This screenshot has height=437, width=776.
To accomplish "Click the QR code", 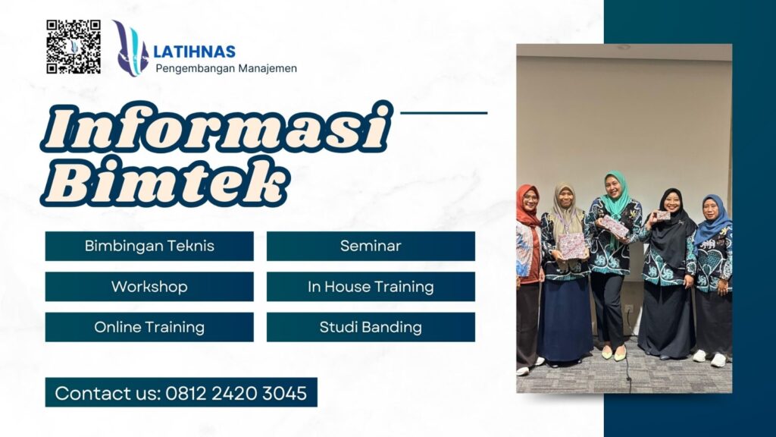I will point(74,46).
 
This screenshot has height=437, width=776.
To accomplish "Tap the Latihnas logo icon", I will point(130,49).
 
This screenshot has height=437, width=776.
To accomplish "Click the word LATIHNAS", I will point(194,52).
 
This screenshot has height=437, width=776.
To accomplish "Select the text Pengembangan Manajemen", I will point(226,68).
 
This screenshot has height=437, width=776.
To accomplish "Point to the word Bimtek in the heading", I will point(165,184).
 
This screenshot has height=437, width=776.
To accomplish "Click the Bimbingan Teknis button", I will point(149,246).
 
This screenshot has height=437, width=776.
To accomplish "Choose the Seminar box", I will point(371,246).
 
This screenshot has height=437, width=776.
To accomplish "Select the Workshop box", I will point(149,287).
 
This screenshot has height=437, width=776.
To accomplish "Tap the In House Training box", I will point(371,287).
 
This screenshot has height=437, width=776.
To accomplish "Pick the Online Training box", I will point(149,327).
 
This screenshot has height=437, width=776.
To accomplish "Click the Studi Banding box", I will point(371,327).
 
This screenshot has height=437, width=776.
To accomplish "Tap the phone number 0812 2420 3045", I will point(236,393).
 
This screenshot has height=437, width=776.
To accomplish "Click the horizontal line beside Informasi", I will point(443,113).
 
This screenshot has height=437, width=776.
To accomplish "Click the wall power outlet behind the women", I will point(627,309).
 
